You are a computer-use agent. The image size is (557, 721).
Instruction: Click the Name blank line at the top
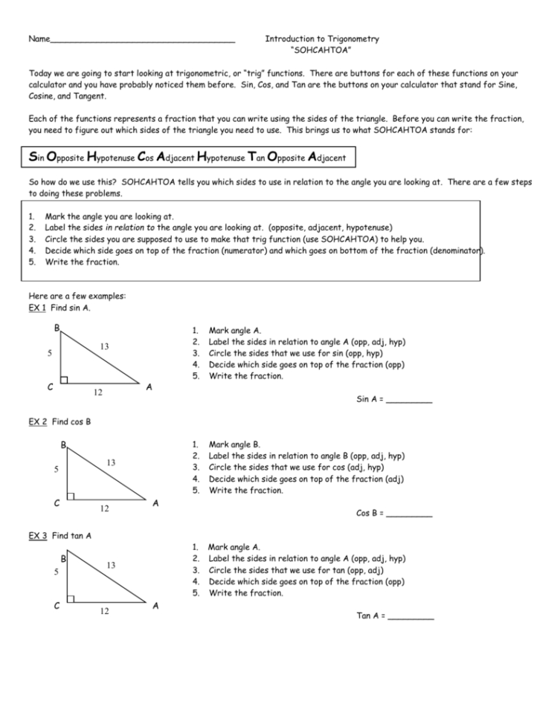point(141,40)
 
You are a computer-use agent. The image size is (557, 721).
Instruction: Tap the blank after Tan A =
point(410,616)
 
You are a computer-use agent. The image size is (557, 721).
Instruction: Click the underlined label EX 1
point(37,308)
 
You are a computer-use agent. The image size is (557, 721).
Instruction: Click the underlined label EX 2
point(37,421)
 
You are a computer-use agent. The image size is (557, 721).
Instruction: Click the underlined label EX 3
point(37,535)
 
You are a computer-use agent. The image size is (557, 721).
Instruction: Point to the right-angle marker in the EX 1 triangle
point(64,380)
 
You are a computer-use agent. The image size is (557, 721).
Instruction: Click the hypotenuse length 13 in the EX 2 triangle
point(110,462)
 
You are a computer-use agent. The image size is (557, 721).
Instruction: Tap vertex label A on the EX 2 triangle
point(155,503)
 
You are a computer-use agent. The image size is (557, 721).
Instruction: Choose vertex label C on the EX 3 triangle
point(57,606)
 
